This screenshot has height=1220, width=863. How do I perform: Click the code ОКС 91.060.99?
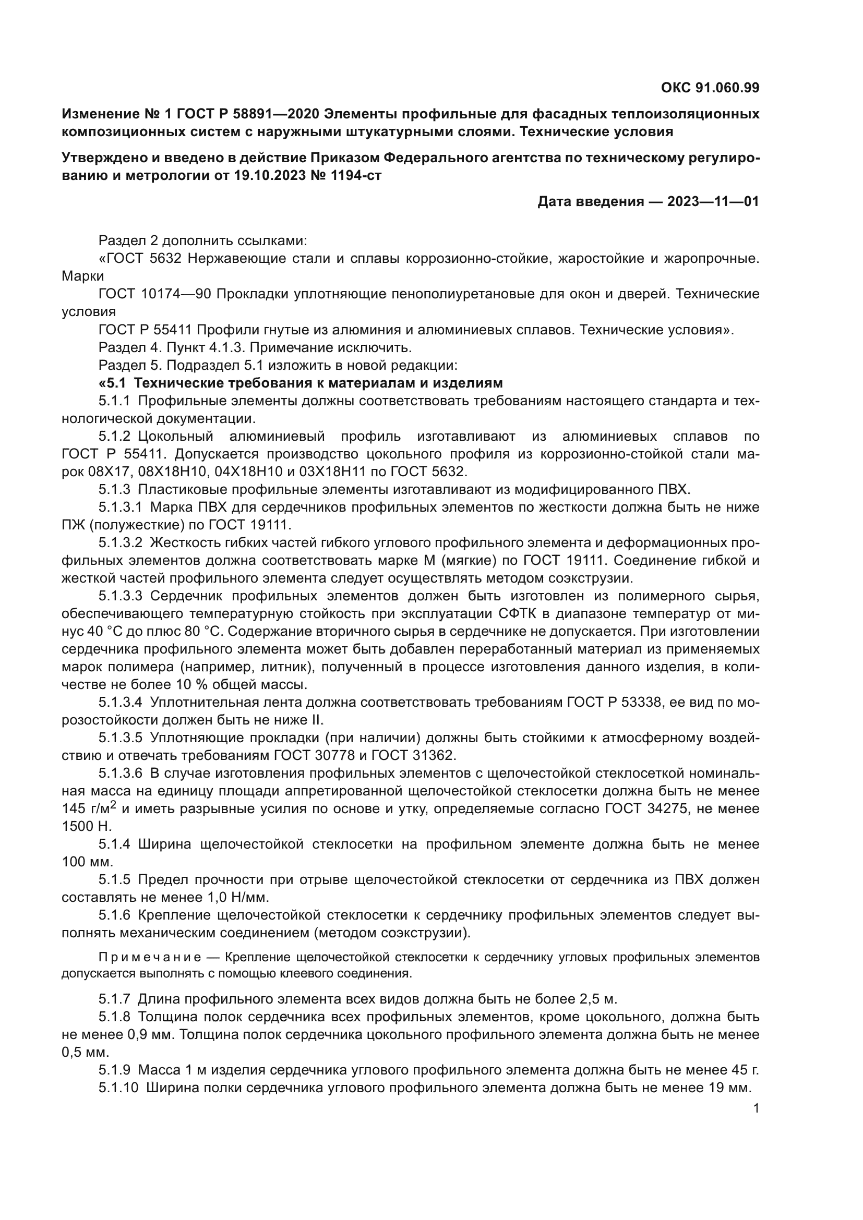(x=710, y=88)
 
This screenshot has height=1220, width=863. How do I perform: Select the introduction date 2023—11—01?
(x=713, y=201)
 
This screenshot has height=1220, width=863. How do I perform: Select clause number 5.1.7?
(x=114, y=999)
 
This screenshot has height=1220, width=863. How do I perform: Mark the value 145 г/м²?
(x=89, y=809)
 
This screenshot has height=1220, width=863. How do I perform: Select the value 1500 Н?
(x=87, y=826)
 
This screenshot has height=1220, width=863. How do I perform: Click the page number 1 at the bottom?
(x=756, y=1108)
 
